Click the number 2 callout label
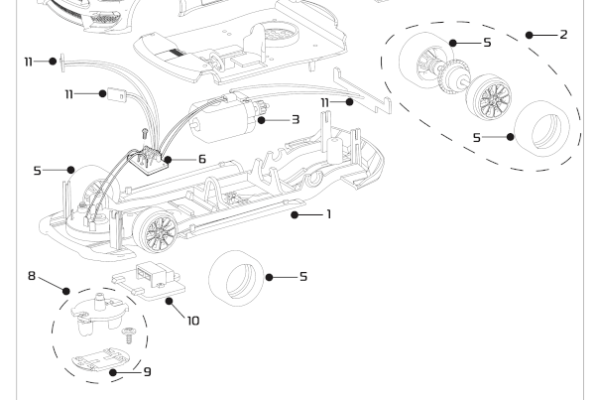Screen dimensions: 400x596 coord(563,35)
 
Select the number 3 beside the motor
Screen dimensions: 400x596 coord(295,119)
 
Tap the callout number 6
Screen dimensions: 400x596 coord(201,158)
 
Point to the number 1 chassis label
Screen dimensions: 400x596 coord(328,213)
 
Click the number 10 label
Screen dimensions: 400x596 coord(192,321)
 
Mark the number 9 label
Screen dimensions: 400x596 coord(148,372)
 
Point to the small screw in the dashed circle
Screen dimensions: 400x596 coord(127,337)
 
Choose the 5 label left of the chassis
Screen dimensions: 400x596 coord(39,170)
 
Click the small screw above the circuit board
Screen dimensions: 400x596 coord(143,130)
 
